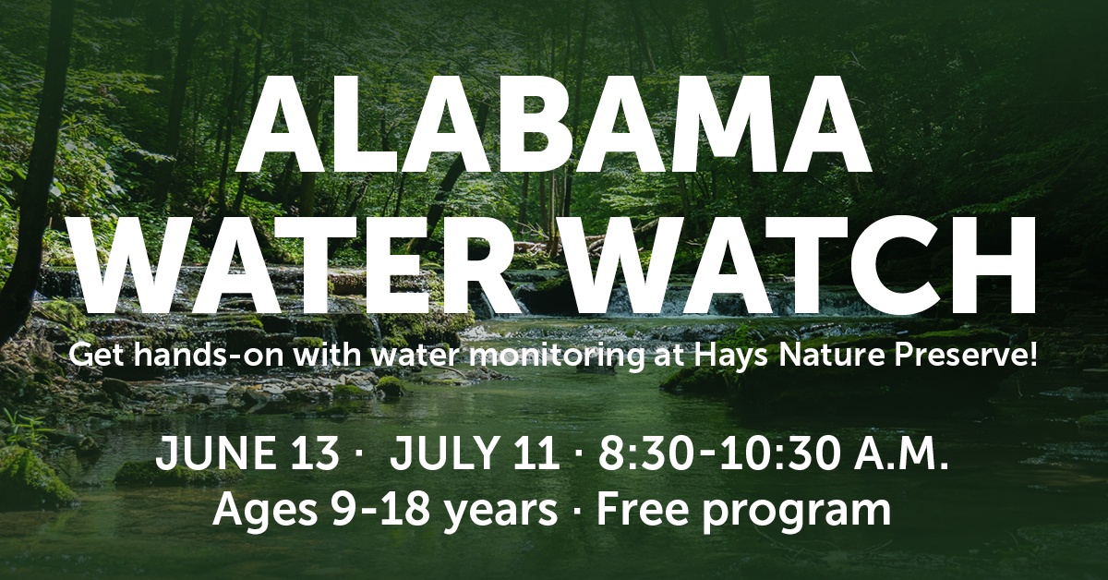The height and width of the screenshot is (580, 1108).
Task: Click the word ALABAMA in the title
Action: tap(552, 124)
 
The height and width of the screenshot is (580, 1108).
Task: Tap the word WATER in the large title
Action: tap(296, 265)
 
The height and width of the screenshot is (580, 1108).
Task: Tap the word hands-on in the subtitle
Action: tap(211, 356)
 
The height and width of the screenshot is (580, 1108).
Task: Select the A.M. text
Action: tap(901, 453)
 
